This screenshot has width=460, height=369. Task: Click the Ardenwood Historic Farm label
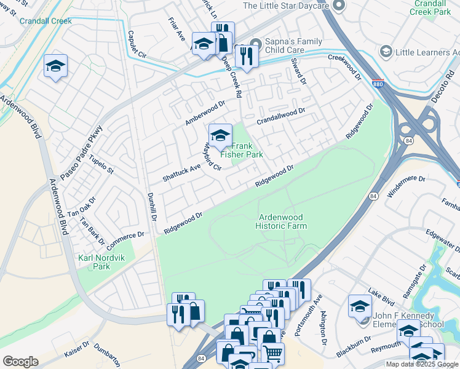(282, 221)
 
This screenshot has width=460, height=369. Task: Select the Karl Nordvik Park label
(100, 262)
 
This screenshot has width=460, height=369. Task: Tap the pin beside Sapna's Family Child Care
(256, 44)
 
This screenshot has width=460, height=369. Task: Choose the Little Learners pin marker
(386, 52)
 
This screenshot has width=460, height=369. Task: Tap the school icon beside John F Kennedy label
(360, 306)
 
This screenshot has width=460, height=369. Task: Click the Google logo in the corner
(20, 362)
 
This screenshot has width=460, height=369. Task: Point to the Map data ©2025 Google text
(422, 364)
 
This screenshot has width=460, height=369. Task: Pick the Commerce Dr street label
(125, 237)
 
